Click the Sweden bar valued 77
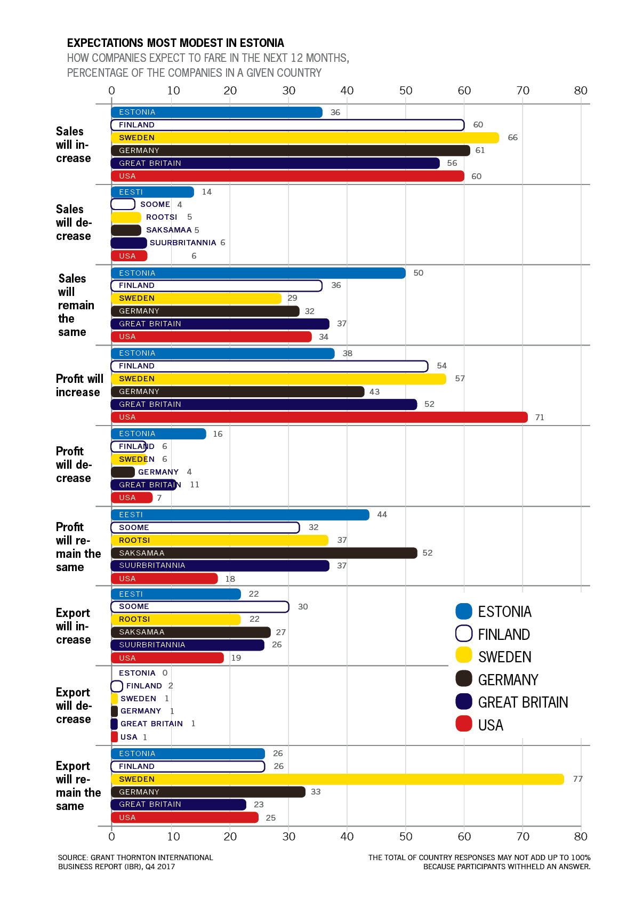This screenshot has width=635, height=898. tap(337, 779)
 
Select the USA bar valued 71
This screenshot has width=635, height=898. tap(319, 417)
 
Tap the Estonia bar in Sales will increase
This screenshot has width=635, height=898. tap(216, 112)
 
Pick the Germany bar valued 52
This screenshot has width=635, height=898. tap(264, 553)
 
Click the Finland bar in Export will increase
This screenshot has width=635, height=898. tap(200, 607)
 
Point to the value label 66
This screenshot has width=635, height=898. tap(512, 138)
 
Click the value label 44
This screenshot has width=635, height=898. tap(382, 515)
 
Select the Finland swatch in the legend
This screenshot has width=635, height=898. tap(464, 634)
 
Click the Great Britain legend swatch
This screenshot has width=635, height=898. tap(464, 702)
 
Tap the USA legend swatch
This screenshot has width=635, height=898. tap(464, 724)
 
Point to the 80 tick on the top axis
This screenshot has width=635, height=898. tap(581, 91)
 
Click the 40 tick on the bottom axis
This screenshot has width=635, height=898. tap(347, 836)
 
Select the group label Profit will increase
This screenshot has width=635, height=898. tap(79, 386)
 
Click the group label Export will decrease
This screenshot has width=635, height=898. tap(74, 705)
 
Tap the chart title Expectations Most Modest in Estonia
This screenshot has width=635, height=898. tap(175, 43)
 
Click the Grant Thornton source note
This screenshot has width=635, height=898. tap(135, 862)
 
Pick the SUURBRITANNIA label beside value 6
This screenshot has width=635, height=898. tap(183, 243)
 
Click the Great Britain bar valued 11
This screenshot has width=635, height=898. tap(143, 485)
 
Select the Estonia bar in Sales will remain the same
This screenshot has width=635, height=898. tap(258, 273)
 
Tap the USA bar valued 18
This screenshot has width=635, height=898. tap(164, 579)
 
